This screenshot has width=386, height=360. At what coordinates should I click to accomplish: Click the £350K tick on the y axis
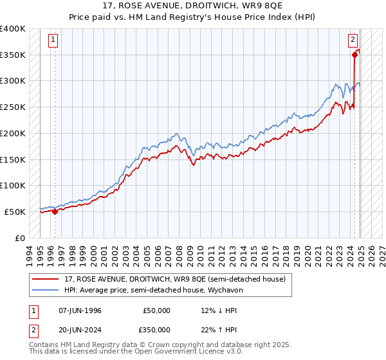point(12,55)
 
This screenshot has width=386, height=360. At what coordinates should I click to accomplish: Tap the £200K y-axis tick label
point(12,134)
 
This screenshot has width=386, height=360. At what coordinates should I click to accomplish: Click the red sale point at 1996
point(55,211)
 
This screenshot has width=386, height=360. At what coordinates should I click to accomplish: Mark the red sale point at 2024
point(354,55)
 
